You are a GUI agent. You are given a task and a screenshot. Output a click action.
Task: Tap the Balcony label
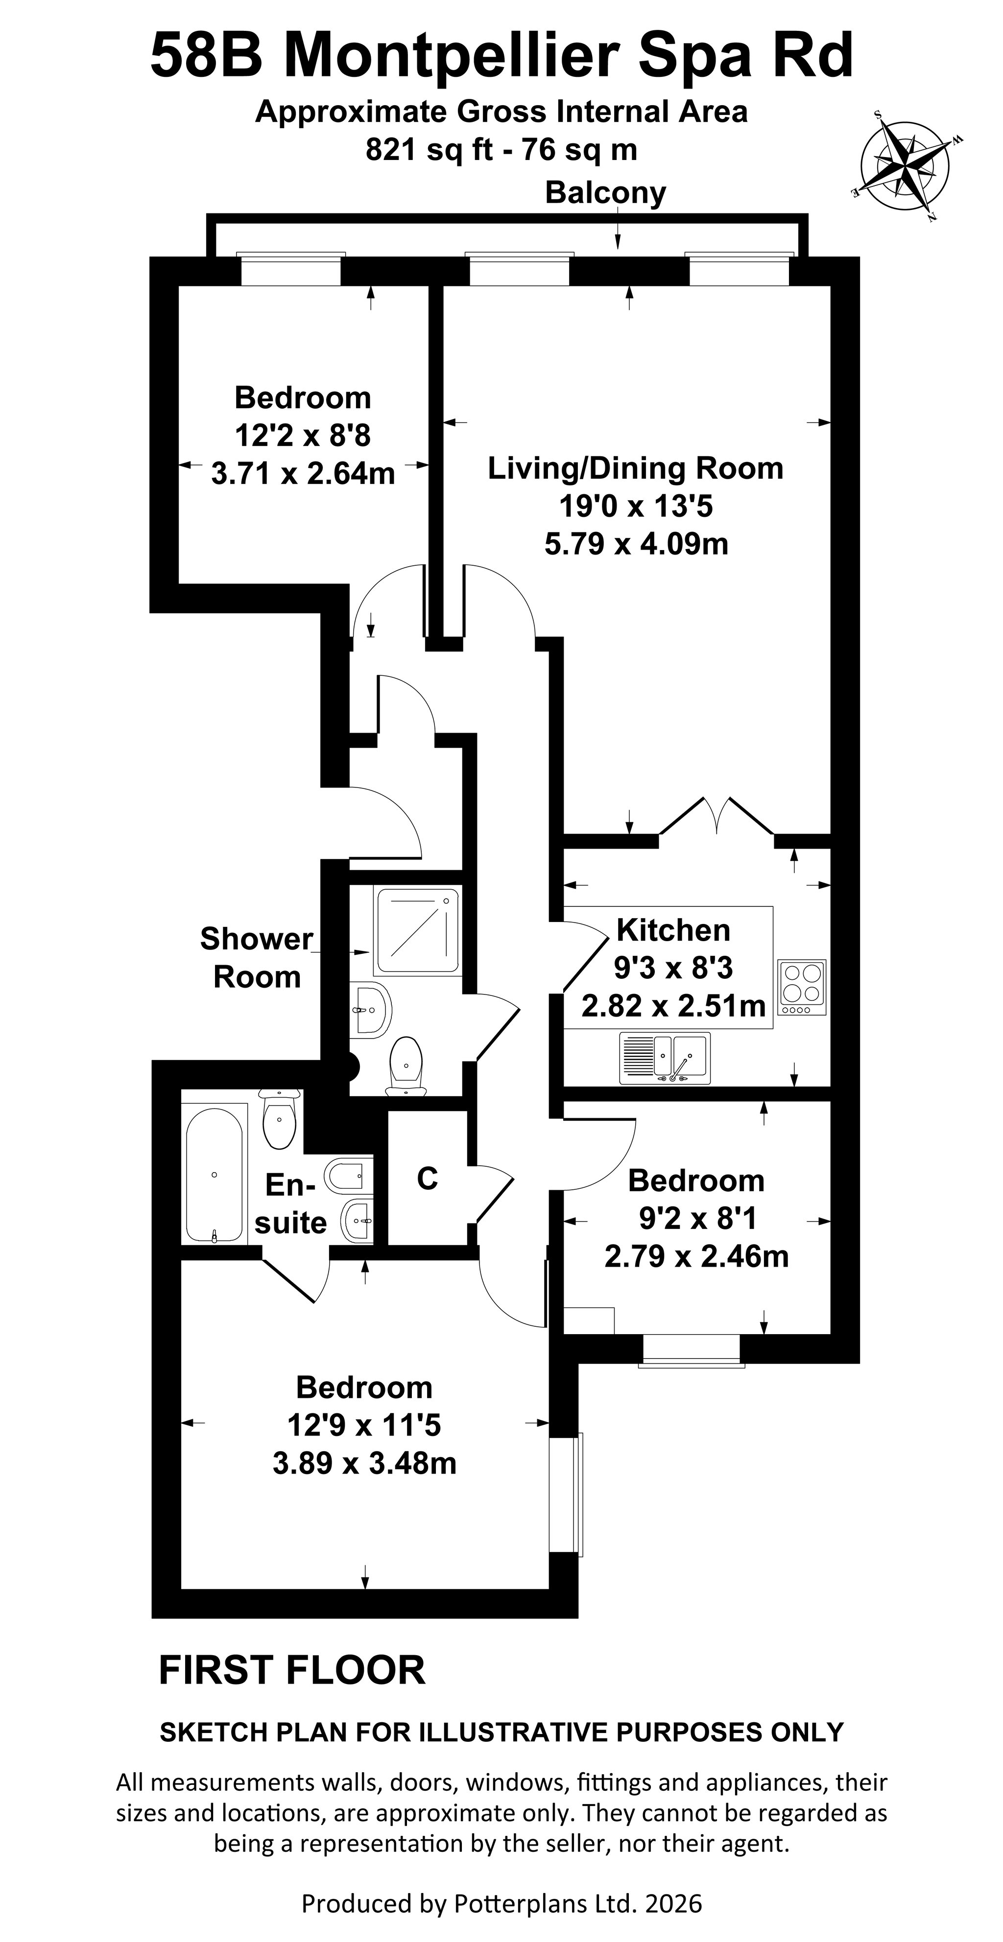605,193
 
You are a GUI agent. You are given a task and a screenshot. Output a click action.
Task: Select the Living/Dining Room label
636,468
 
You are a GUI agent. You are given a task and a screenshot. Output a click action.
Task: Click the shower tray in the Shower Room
418,932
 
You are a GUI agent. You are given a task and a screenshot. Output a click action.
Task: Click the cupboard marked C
427,1179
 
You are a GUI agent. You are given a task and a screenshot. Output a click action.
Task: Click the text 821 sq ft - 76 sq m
501,150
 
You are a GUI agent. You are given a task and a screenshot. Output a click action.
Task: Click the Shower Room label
257,957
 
